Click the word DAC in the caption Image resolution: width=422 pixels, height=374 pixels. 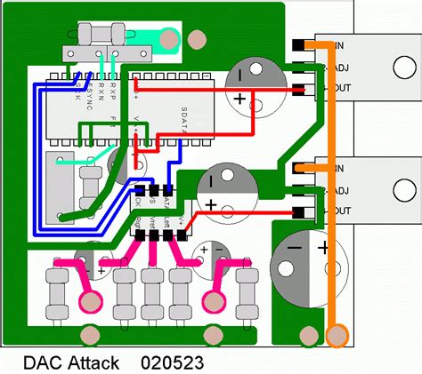[x=41, y=362]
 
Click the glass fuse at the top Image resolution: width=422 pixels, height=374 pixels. [x=100, y=35]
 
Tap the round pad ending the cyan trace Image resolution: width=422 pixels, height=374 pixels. [x=166, y=37]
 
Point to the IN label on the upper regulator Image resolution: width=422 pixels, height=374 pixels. [x=339, y=45]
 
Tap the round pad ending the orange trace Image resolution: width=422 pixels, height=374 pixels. [x=337, y=335]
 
